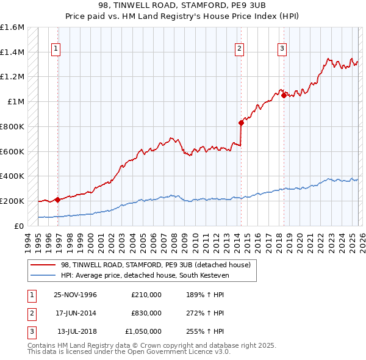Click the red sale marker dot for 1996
coord(58,200)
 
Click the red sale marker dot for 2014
coord(241,123)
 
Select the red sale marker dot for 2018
coord(284,95)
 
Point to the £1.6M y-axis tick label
coord(12,27)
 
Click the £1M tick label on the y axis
coord(16,102)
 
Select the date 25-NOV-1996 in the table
coord(76,295)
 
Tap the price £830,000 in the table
coord(146,313)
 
